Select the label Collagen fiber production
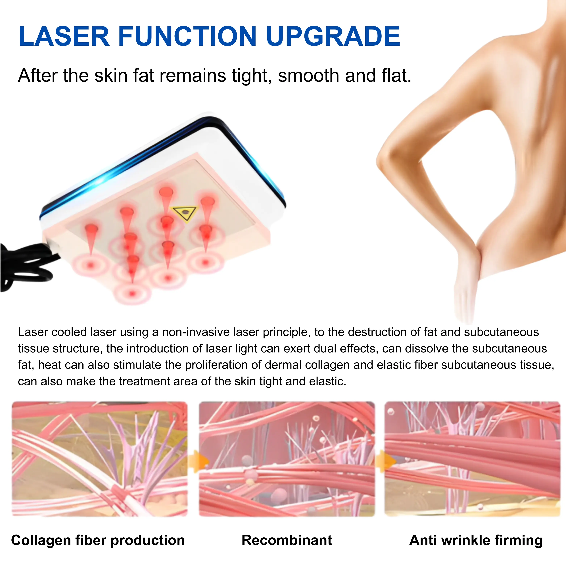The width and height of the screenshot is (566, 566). [x=98, y=540]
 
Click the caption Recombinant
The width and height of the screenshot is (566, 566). [x=287, y=540]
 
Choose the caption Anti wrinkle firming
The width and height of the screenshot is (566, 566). [x=476, y=540]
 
